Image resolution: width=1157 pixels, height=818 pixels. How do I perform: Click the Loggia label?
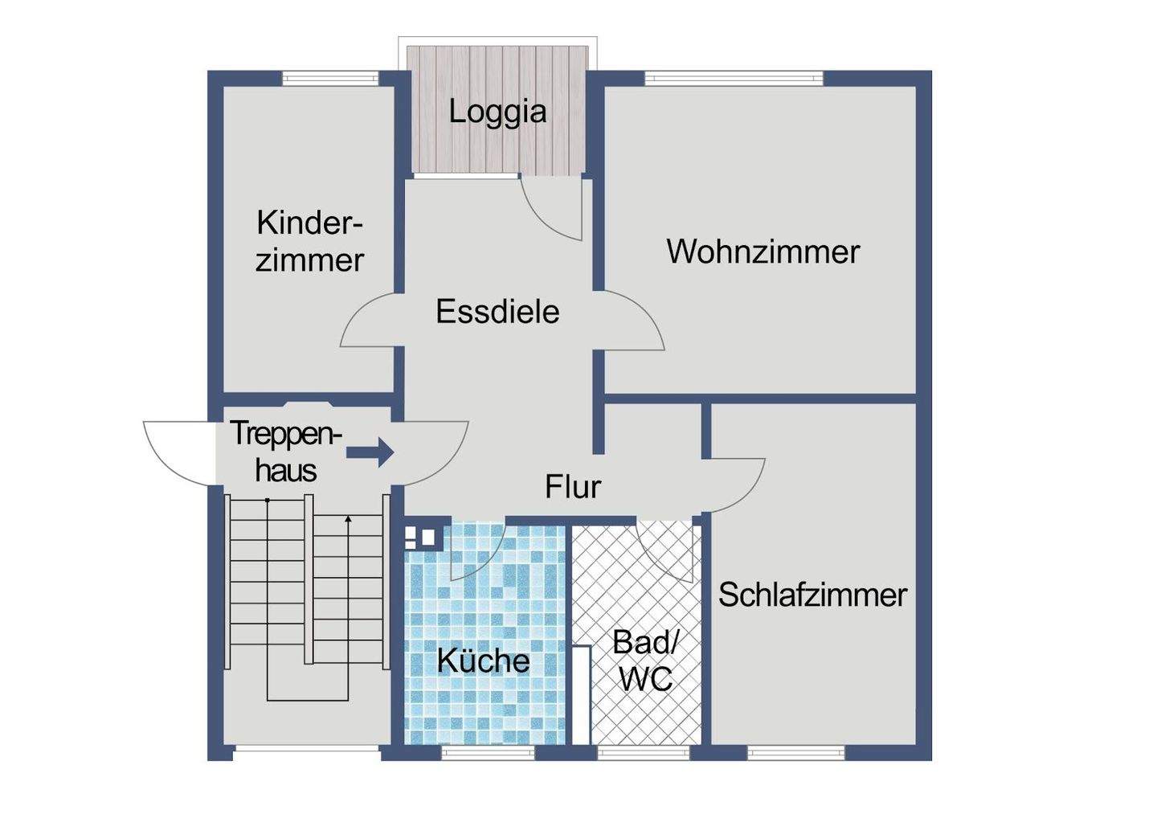point(497,111)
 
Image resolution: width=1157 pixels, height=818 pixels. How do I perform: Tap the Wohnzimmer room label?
point(762,252)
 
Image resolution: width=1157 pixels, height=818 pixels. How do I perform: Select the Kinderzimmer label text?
point(309,241)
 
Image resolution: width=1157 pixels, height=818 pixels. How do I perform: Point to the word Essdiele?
point(497,312)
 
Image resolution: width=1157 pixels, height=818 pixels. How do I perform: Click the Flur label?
point(572,487)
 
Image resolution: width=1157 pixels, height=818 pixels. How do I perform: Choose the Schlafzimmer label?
point(812,595)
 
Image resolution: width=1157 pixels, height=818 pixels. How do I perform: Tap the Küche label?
point(483,661)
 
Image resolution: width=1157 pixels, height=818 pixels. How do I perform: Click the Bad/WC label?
point(646,661)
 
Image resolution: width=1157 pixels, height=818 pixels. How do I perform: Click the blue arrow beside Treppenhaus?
point(370,452)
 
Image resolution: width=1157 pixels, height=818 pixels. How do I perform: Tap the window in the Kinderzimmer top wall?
point(330,79)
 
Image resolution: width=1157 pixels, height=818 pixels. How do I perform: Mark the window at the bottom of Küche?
point(488,753)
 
